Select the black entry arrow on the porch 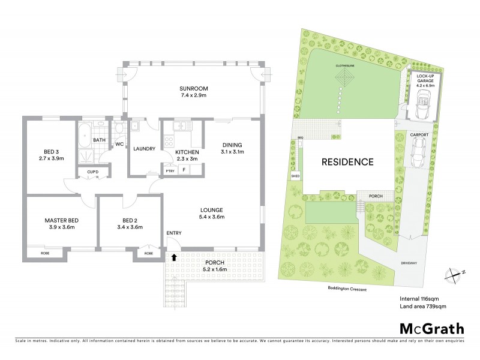[174, 257]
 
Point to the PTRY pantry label [169, 171]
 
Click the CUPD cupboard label [92, 172]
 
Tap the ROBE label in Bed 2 [148, 253]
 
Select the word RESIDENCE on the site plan [347, 162]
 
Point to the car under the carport [418, 154]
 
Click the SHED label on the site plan [295, 176]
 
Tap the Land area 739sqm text [423, 307]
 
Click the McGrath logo [431, 328]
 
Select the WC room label [119, 145]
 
